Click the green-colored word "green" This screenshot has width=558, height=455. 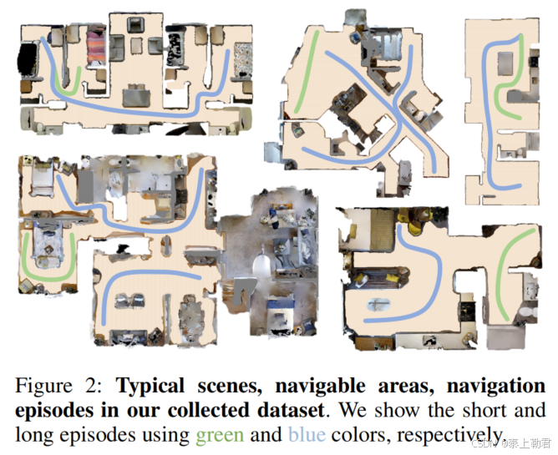(220, 435)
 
